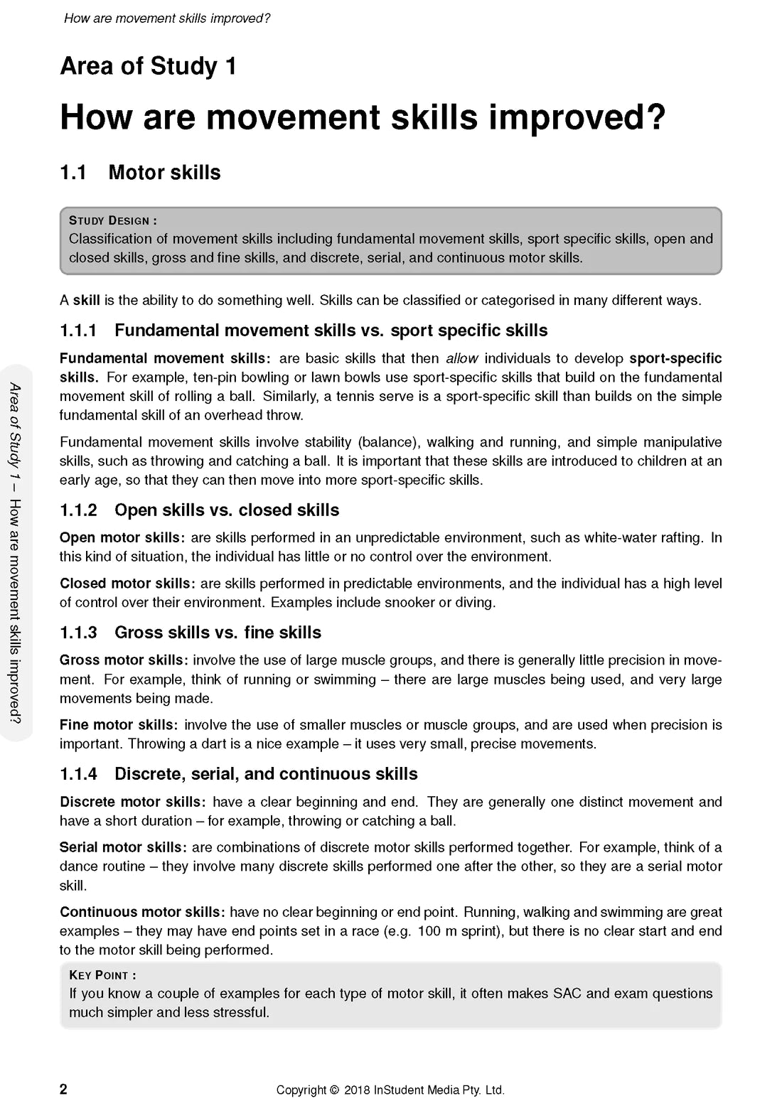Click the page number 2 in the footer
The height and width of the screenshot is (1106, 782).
(x=63, y=1089)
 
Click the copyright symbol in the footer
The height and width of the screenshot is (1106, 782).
(x=333, y=1090)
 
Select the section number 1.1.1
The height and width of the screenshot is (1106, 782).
(x=78, y=331)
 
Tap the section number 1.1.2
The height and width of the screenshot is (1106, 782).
(x=78, y=510)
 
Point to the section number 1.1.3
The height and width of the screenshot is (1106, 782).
(x=78, y=633)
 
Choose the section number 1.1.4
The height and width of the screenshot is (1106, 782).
(x=78, y=774)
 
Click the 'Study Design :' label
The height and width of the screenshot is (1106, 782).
(x=113, y=220)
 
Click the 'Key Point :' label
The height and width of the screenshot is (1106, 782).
(x=102, y=975)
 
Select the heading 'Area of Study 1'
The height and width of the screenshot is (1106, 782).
(x=148, y=66)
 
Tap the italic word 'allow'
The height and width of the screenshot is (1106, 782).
(x=461, y=358)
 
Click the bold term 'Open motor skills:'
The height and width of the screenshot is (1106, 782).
(x=122, y=538)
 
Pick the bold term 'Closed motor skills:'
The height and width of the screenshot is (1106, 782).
(x=127, y=584)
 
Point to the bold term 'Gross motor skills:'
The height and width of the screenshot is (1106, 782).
(x=124, y=660)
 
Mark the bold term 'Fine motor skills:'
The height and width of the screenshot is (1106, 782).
(x=119, y=725)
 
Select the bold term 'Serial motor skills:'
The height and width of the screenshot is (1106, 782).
(x=123, y=847)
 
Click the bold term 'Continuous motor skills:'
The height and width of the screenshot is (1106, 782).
(x=142, y=912)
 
